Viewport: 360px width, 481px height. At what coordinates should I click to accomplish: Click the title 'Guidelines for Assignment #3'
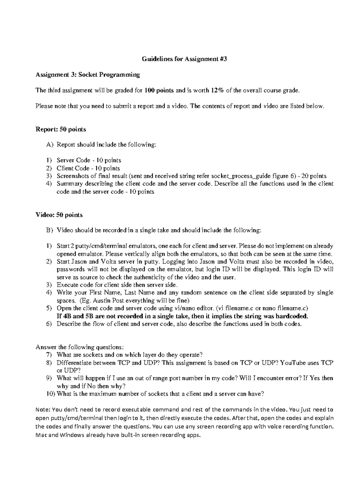pos(184,59)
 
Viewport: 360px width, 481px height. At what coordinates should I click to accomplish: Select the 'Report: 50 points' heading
pos(61,129)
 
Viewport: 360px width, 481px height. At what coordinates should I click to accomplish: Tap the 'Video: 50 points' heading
pos(59,215)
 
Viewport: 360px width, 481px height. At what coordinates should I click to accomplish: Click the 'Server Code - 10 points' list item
pos(89,160)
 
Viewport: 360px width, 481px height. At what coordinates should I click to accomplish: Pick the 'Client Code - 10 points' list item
pos(88,168)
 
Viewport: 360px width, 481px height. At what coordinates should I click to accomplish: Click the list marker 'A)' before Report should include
pos(49,145)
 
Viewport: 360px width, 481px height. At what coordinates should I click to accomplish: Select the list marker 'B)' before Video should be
pos(49,230)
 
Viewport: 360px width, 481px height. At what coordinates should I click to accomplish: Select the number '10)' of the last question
pos(51,394)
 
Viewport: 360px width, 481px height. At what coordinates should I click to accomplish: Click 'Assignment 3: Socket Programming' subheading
pos(88,75)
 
